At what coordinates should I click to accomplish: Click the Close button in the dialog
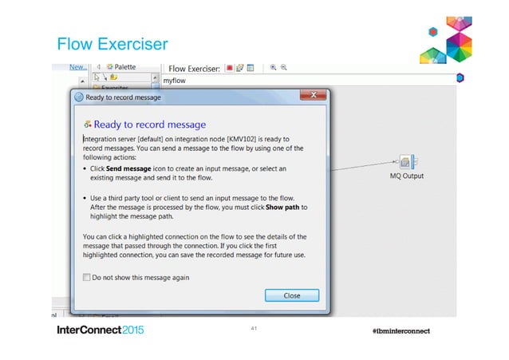pyautogui.click(x=291, y=295)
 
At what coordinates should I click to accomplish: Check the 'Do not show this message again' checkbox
pyautogui.click(x=87, y=277)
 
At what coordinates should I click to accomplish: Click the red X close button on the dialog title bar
pyautogui.click(x=312, y=97)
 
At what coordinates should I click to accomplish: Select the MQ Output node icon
pyautogui.click(x=404, y=163)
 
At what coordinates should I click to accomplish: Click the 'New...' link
pyautogui.click(x=77, y=68)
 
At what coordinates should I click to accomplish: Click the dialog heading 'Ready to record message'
pyautogui.click(x=150, y=125)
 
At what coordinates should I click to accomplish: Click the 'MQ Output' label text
pyautogui.click(x=406, y=176)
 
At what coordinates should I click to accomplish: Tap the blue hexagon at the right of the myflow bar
pyautogui.click(x=460, y=78)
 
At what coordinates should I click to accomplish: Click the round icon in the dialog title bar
pyautogui.click(x=79, y=97)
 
